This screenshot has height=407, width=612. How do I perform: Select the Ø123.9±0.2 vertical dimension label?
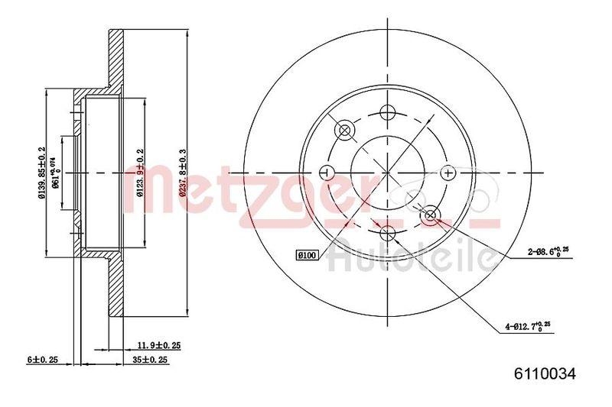(x=140, y=173)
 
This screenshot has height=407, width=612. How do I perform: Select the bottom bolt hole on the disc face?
(x=387, y=232)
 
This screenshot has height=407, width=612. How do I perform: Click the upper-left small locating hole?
(x=343, y=130)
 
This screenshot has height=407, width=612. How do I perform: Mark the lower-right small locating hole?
(x=430, y=215)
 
